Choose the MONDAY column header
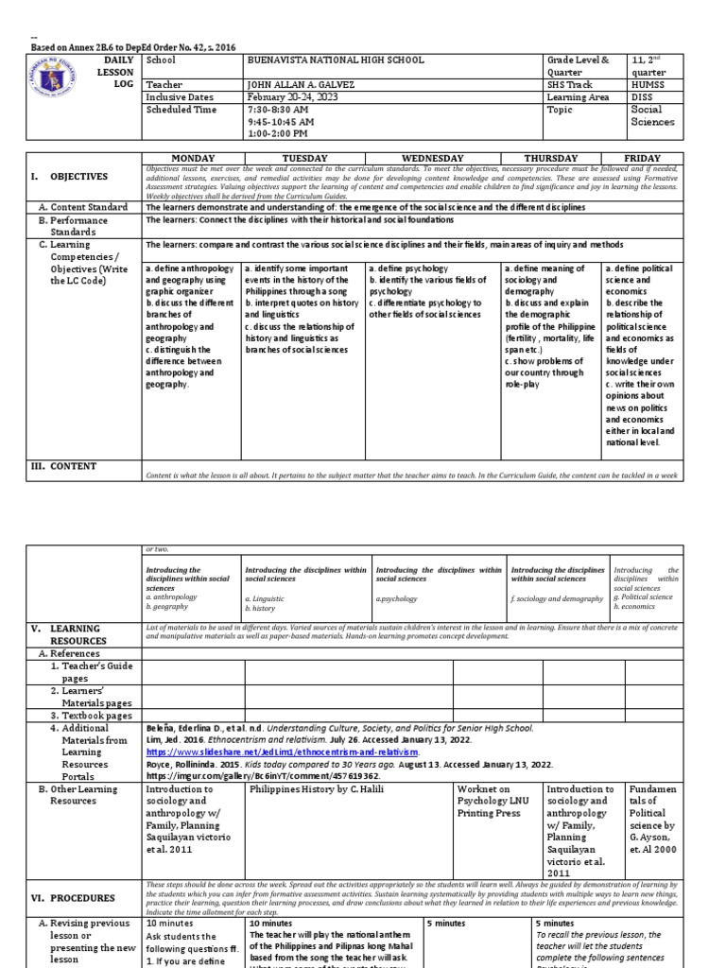pyautogui.click(x=192, y=158)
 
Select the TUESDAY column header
pyautogui.click(x=304, y=158)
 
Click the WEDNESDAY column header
pyautogui.click(x=433, y=158)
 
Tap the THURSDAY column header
pyautogui.click(x=550, y=158)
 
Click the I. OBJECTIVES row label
pyautogui.click(x=68, y=177)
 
